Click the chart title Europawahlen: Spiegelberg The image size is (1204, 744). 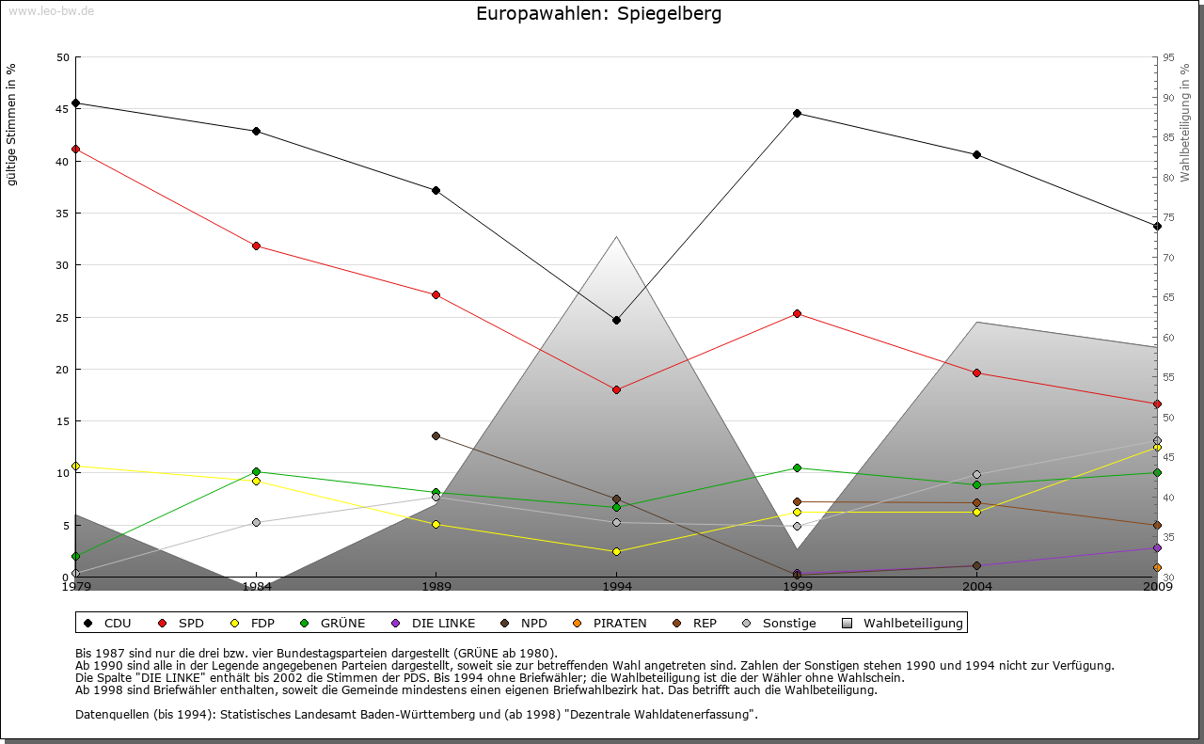pos(599,14)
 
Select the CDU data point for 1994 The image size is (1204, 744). pos(616,320)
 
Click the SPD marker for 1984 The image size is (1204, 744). pos(256,245)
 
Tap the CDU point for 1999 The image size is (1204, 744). pos(797,113)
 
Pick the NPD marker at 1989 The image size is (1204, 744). pos(436,435)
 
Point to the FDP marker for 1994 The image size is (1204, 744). pos(616,551)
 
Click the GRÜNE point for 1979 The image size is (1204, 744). pos(75,556)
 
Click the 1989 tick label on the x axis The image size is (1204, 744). pos(436,587)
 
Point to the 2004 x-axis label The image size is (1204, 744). pos(977,587)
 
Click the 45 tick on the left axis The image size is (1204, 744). pos(63,109)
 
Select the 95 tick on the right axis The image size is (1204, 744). pos(1168,57)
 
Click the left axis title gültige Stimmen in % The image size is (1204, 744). pos(12,124)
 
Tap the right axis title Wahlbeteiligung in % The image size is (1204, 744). pos(1185,122)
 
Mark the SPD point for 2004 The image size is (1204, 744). pos(977,372)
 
